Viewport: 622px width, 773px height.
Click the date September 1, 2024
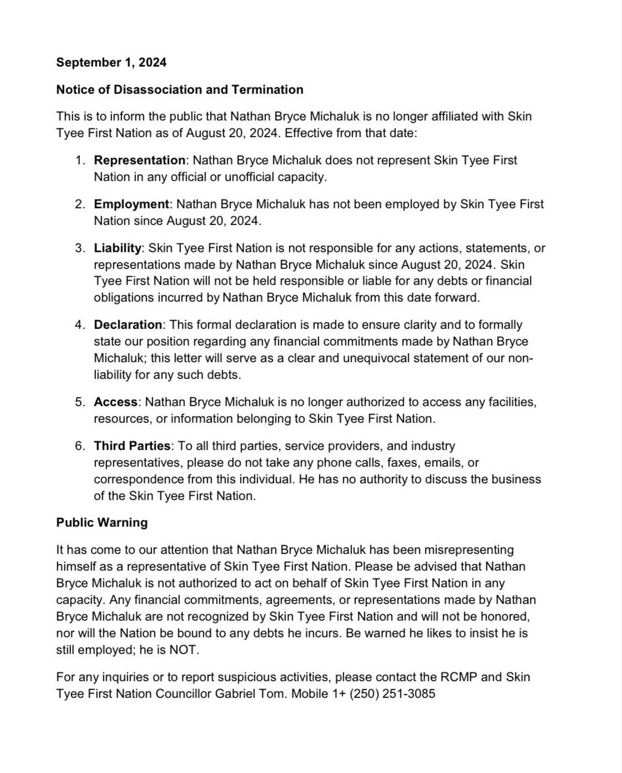[x=111, y=62]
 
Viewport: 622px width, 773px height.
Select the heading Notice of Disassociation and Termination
[x=179, y=89]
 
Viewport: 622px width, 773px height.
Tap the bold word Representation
[x=139, y=160]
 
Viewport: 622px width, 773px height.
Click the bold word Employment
[x=131, y=204]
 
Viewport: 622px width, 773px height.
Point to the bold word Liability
[x=118, y=248]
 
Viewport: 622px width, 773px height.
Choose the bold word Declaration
[x=128, y=325]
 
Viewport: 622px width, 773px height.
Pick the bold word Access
[x=116, y=402]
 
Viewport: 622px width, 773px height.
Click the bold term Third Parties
[x=132, y=446]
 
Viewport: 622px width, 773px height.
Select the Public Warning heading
[x=102, y=522]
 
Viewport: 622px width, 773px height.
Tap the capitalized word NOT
[x=183, y=650]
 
